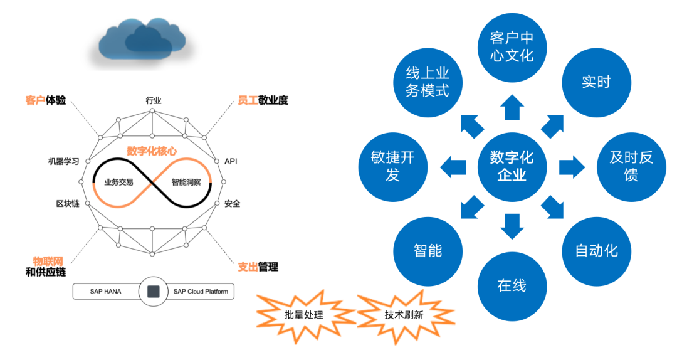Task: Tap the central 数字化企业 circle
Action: (512, 166)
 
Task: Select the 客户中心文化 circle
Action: (512, 47)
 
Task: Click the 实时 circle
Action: (596, 82)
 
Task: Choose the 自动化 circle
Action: (596, 251)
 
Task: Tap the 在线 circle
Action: (512, 285)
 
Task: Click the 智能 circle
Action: (428, 251)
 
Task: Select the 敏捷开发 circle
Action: (392, 166)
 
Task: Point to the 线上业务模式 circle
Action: (428, 82)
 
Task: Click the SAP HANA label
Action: (105, 292)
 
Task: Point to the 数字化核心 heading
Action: (152, 151)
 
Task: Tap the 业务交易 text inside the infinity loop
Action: (118, 183)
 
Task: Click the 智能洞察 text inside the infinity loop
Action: (186, 183)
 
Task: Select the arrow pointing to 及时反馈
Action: (571, 166)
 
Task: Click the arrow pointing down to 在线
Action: (512, 226)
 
